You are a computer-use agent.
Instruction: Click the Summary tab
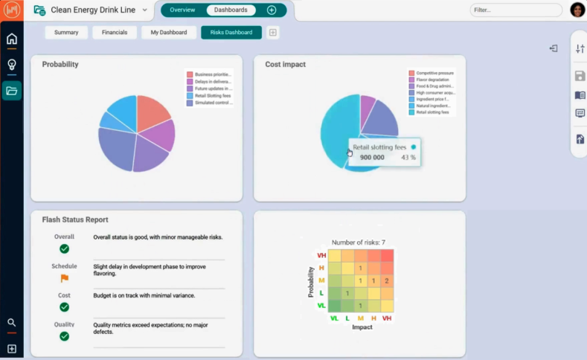pyautogui.click(x=66, y=33)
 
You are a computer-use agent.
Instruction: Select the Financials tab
pyautogui.click(x=114, y=33)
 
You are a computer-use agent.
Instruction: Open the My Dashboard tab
pyautogui.click(x=169, y=33)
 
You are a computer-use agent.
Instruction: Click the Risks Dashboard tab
pyautogui.click(x=231, y=33)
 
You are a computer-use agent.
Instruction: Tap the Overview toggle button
pyautogui.click(x=182, y=10)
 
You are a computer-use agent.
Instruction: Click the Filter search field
pyautogui.click(x=516, y=10)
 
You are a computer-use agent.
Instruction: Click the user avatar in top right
pyautogui.click(x=577, y=10)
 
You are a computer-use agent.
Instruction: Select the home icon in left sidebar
pyautogui.click(x=11, y=39)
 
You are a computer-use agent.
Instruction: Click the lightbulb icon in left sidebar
pyautogui.click(x=11, y=65)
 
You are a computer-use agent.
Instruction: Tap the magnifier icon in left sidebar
pyautogui.click(x=11, y=323)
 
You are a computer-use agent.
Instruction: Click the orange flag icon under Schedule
pyautogui.click(x=64, y=278)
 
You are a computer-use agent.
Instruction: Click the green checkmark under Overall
pyautogui.click(x=64, y=248)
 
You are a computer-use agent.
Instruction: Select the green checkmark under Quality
pyautogui.click(x=64, y=336)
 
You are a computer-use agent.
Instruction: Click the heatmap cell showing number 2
pyautogui.click(x=385, y=280)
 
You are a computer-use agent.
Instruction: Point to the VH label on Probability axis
pyautogui.click(x=321, y=255)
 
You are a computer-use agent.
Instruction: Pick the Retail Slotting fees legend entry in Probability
pyautogui.click(x=212, y=96)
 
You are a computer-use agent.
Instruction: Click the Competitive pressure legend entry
pyautogui.click(x=434, y=74)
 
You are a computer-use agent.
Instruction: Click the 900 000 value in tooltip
pyautogui.click(x=372, y=158)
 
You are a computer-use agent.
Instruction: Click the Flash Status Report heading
pyautogui.click(x=75, y=219)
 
